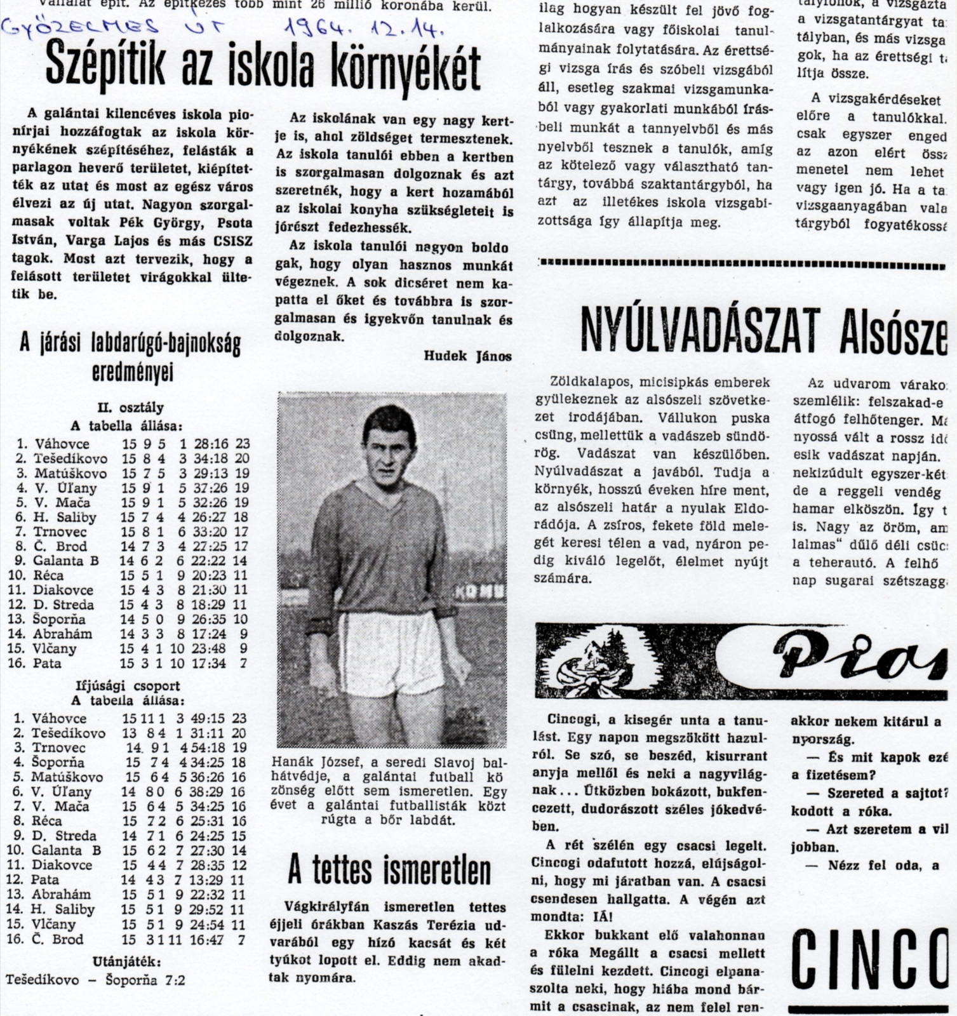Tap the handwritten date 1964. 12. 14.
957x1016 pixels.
click(364, 27)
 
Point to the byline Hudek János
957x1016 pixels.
click(467, 356)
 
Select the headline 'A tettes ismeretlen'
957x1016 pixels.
click(389, 870)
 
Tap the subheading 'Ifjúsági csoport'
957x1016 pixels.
click(128, 686)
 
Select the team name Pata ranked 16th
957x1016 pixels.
click(48, 663)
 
